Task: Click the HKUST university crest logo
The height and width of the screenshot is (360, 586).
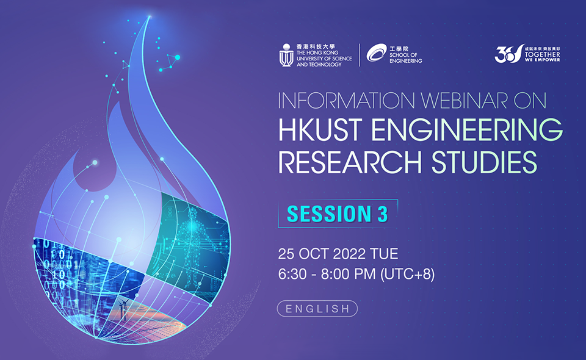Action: click(286, 56)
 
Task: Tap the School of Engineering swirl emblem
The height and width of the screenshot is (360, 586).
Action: click(376, 52)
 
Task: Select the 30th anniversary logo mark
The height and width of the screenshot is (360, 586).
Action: click(509, 54)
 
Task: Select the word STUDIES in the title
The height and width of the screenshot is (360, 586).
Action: click(484, 162)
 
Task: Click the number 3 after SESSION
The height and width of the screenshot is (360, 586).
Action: click(383, 214)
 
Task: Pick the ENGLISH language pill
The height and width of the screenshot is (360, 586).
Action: click(317, 309)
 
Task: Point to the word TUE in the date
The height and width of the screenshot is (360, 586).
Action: click(384, 254)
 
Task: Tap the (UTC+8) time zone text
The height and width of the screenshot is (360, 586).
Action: click(407, 275)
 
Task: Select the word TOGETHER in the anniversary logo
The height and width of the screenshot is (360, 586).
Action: click(542, 54)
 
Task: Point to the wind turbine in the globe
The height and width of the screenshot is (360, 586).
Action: click(123, 309)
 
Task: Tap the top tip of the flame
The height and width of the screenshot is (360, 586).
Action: click(150, 16)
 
